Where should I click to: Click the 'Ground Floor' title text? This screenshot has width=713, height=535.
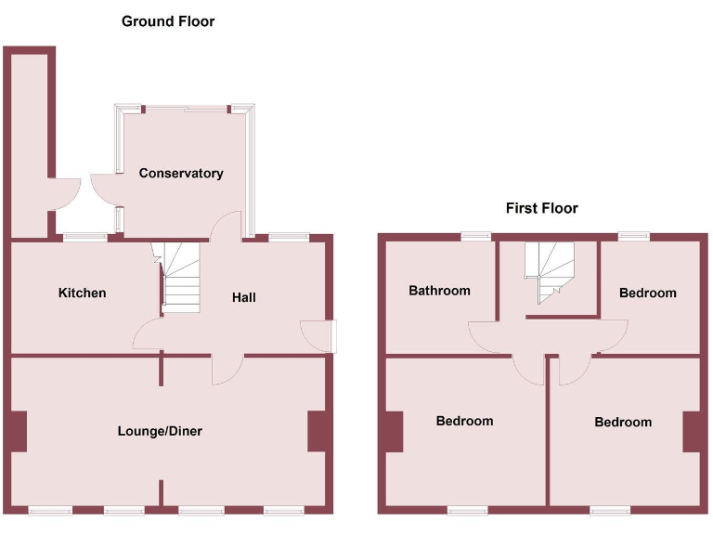point(168,20)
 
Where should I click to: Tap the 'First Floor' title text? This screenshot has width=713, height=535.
point(541,208)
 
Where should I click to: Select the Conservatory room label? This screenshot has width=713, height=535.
point(181,174)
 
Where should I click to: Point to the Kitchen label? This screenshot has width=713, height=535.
point(83,294)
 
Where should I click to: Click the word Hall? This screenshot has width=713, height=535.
point(243,297)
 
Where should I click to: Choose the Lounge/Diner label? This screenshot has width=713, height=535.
point(160,431)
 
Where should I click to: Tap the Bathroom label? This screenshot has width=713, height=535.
point(439,291)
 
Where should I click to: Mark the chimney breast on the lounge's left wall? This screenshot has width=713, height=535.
point(19,431)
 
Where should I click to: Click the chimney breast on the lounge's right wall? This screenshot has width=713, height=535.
point(318,431)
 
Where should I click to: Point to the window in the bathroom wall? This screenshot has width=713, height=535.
point(476,236)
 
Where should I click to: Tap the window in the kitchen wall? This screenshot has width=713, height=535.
point(84,237)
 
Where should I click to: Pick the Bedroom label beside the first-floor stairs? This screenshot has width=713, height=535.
point(647,294)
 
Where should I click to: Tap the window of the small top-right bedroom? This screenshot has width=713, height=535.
point(634,236)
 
